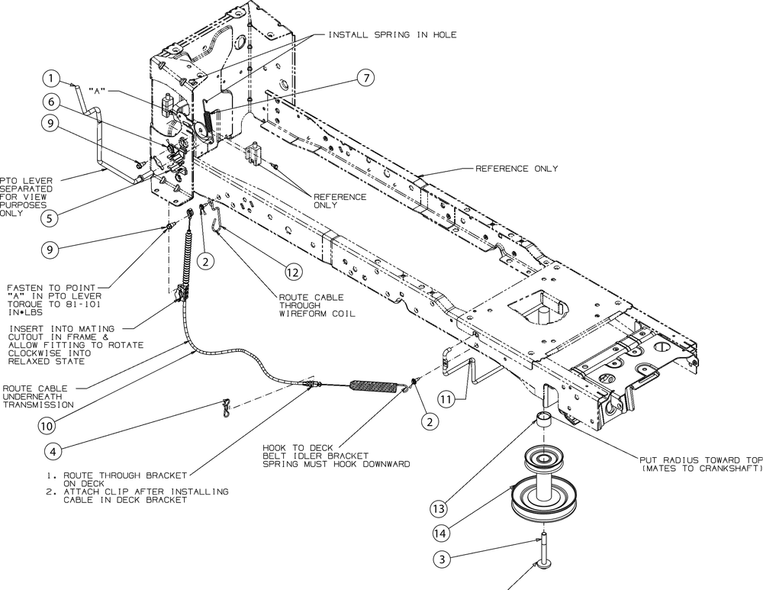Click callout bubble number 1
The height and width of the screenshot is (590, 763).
pos(50,79)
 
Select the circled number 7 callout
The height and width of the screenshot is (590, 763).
pos(365,77)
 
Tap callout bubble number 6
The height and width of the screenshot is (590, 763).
pos(50,102)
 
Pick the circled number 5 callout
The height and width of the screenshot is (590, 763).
pos(50,218)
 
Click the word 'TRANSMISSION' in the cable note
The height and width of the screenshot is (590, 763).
pos(38,405)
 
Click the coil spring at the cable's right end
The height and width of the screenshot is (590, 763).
pos(374,385)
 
